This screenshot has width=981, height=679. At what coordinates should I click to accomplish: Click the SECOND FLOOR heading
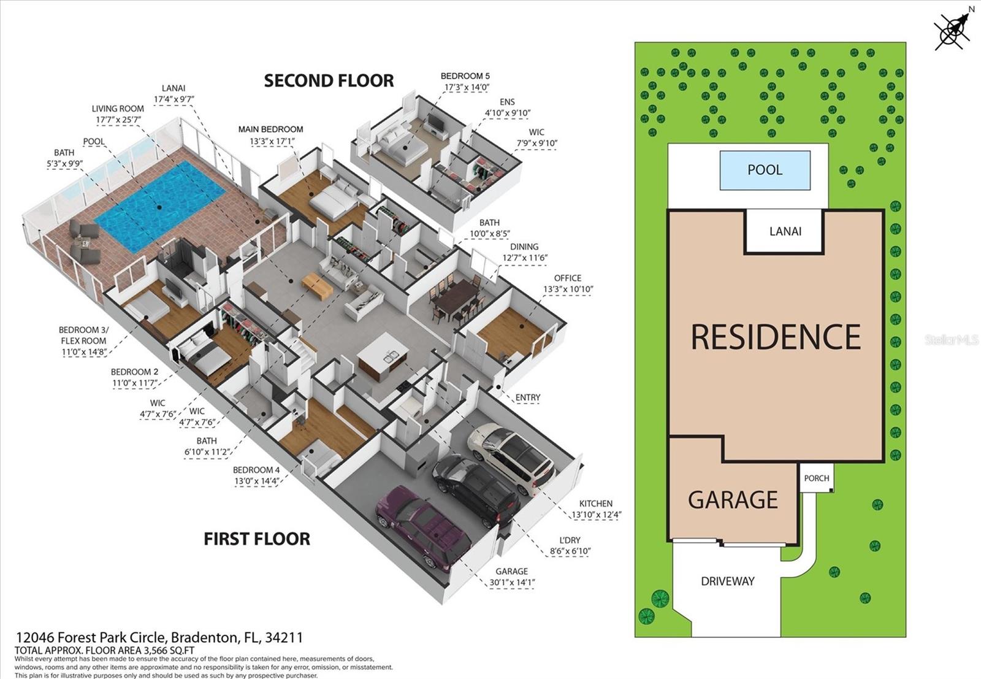pyautogui.click(x=329, y=81)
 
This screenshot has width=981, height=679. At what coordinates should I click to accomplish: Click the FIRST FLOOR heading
pyautogui.click(x=257, y=539)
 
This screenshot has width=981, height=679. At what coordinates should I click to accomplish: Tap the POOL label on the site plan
pyautogui.click(x=765, y=170)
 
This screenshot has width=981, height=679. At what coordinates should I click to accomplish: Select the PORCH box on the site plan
pyautogui.click(x=816, y=478)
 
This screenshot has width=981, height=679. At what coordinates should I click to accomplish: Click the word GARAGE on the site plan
pyautogui.click(x=733, y=500)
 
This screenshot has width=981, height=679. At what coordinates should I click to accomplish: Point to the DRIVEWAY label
pyautogui.click(x=727, y=581)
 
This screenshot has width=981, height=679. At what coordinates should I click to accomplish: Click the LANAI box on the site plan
pyautogui.click(x=785, y=231)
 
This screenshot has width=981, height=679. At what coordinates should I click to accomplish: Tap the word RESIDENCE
pyautogui.click(x=776, y=337)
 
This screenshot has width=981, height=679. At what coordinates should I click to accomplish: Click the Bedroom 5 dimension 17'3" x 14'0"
pyautogui.click(x=465, y=88)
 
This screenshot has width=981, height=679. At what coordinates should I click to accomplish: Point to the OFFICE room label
pyautogui.click(x=567, y=278)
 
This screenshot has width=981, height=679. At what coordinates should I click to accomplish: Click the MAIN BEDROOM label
pyautogui.click(x=270, y=129)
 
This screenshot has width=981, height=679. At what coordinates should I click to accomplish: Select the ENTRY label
pyautogui.click(x=527, y=397)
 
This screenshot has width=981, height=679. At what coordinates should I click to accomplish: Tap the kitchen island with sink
pyautogui.click(x=383, y=355)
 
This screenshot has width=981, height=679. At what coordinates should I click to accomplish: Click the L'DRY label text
pyautogui.click(x=570, y=540)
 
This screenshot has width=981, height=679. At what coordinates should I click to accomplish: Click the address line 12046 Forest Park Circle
pyautogui.click(x=159, y=637)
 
